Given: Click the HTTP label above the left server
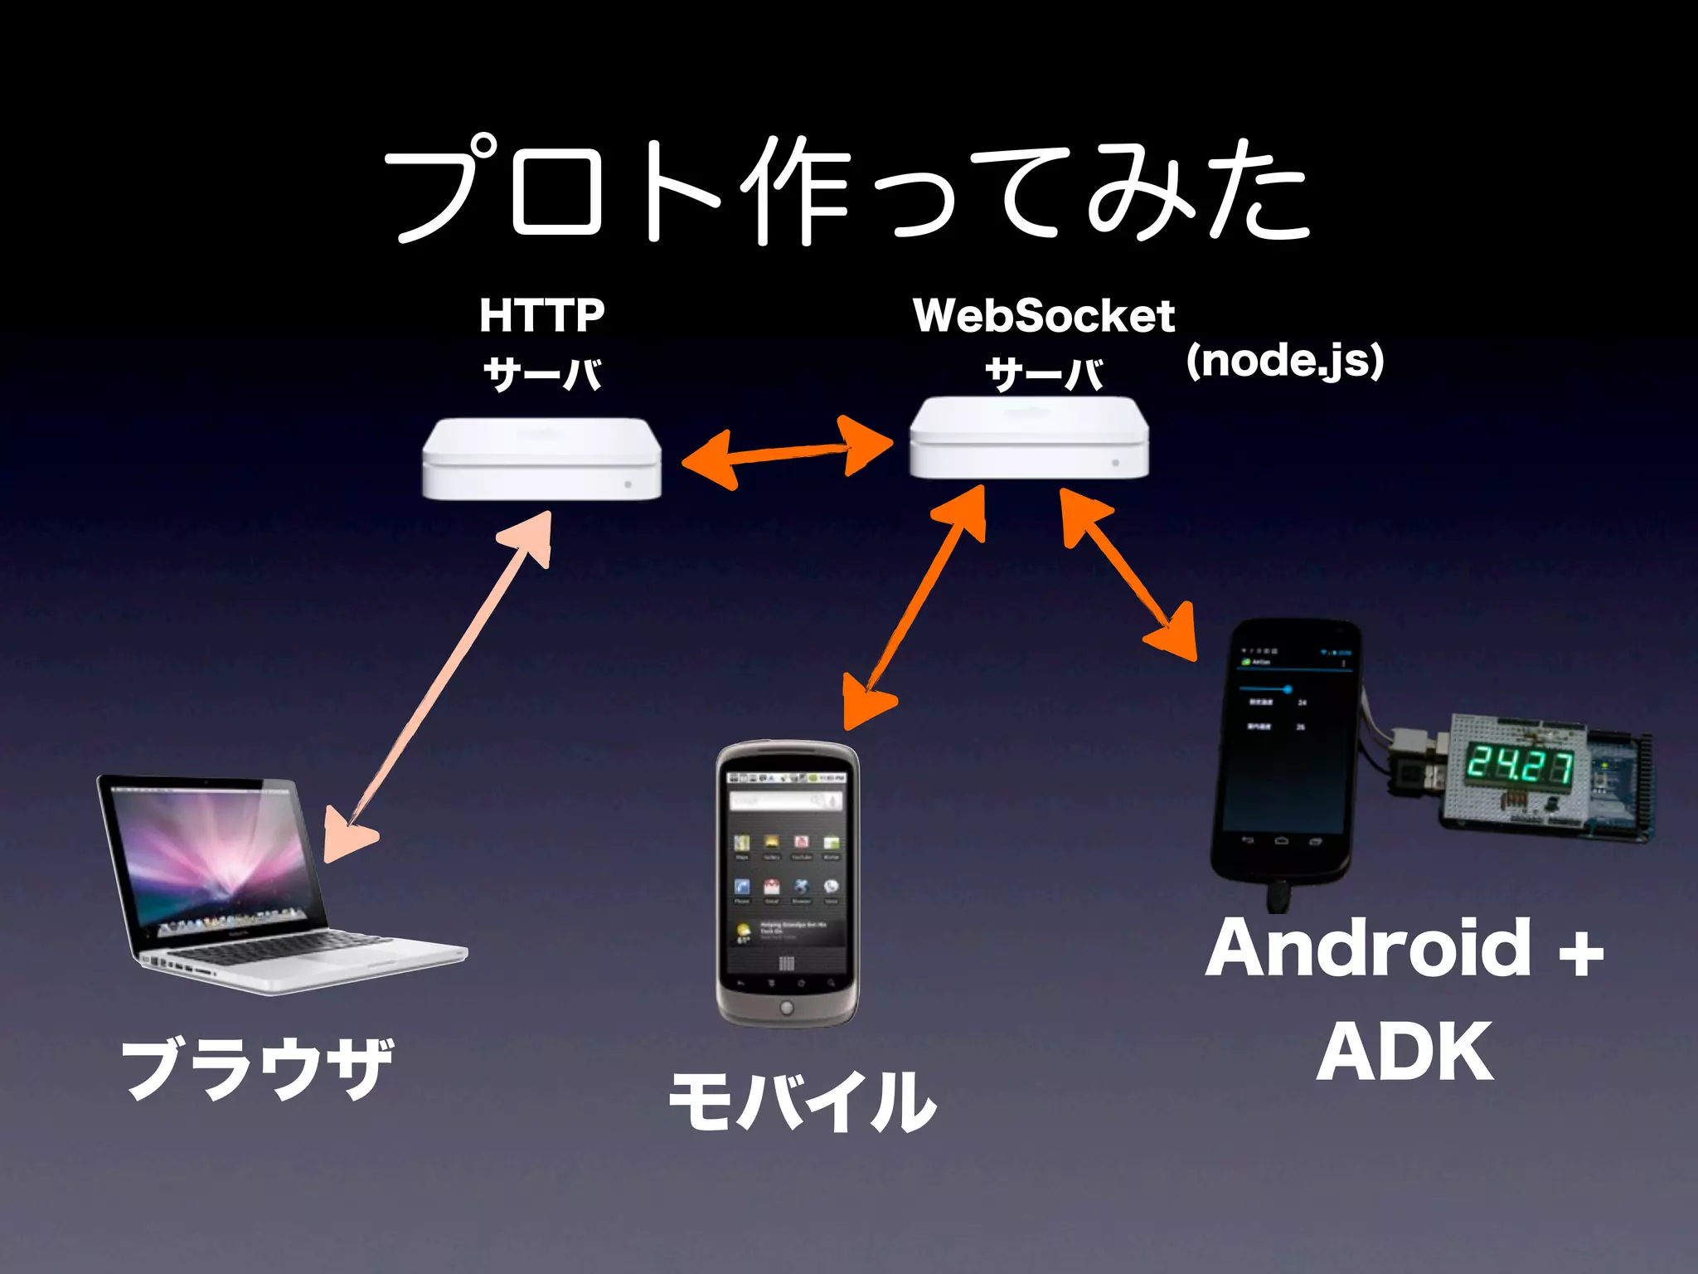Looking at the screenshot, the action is coord(542,316).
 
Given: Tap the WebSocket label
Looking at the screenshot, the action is coord(1043,316).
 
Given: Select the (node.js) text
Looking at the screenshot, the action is coord(1285,361).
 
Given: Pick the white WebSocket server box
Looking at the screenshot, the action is coord(1028,437).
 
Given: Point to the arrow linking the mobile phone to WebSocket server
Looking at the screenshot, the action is coord(916,605).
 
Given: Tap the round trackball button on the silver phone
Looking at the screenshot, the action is coord(786,1008).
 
